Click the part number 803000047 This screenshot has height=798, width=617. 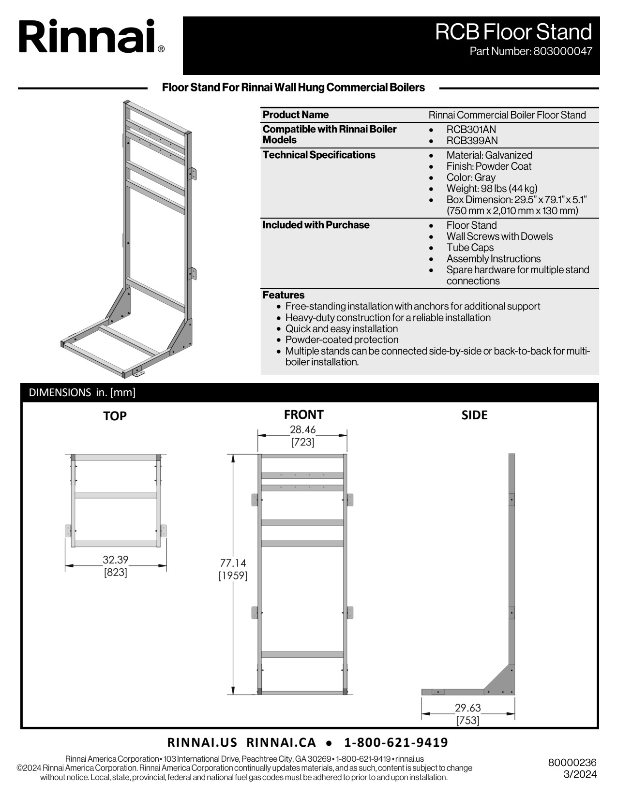(x=562, y=51)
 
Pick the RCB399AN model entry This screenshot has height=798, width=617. (x=472, y=141)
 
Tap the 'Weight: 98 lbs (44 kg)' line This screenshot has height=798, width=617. (x=492, y=189)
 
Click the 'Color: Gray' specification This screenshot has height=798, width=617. (x=470, y=177)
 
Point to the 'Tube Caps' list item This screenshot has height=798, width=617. (x=470, y=248)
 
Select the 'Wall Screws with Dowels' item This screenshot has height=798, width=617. (x=499, y=236)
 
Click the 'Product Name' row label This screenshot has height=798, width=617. (x=295, y=115)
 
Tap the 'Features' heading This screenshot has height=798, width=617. (x=284, y=295)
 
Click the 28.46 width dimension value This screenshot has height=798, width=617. (x=302, y=429)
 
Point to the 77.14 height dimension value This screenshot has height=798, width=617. (x=233, y=563)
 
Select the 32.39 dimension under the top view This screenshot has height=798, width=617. (x=115, y=560)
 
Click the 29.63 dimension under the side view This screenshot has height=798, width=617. (x=467, y=708)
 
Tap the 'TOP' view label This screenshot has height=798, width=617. (x=115, y=416)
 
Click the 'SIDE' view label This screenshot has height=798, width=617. (x=474, y=415)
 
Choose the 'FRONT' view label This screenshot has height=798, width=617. (x=303, y=414)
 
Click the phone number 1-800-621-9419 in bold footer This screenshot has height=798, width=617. (x=396, y=742)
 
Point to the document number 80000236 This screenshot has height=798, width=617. (x=572, y=763)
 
